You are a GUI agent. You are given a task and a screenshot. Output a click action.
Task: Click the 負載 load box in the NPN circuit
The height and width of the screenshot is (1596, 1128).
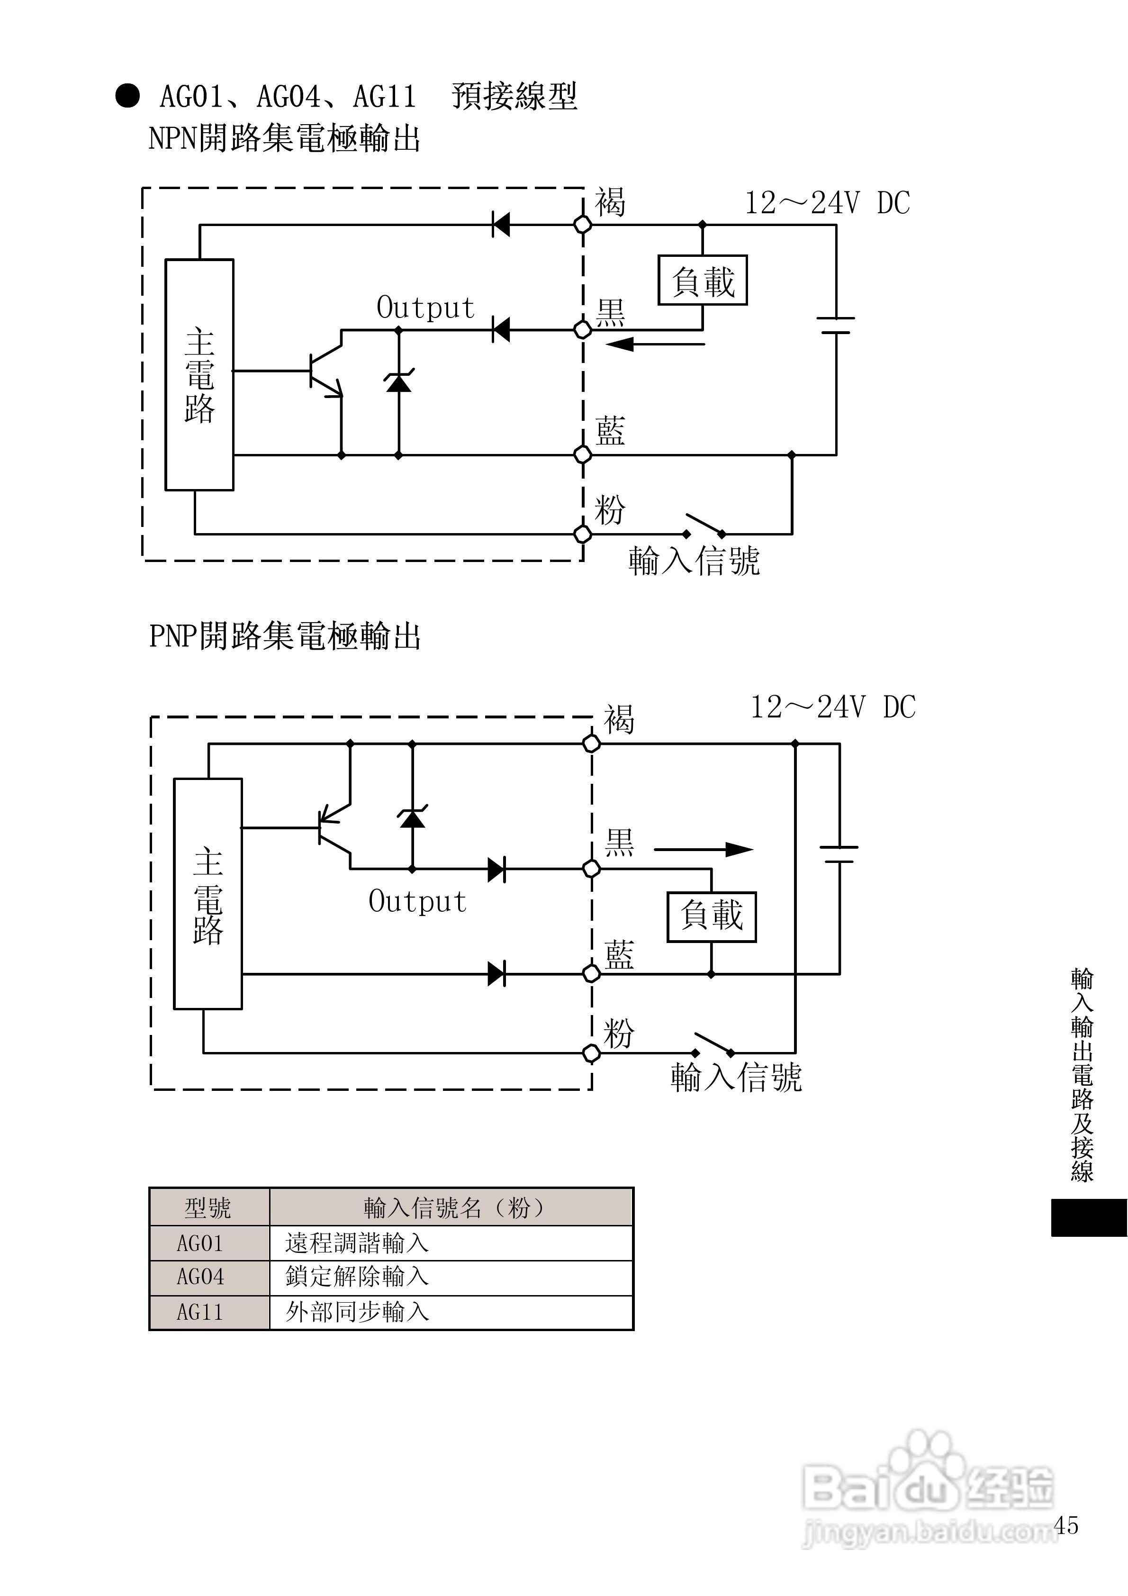click(703, 280)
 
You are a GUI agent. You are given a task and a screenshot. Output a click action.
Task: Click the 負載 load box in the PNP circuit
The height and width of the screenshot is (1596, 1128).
click(711, 916)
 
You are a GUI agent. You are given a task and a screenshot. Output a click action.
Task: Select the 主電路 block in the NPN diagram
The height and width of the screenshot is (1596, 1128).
click(199, 375)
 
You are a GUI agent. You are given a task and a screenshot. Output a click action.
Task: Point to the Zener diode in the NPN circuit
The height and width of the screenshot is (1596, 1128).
click(398, 381)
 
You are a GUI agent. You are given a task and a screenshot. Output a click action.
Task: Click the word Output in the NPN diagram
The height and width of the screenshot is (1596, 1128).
click(425, 308)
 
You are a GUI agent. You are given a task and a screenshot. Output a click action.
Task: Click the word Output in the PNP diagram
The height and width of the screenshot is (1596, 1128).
click(417, 902)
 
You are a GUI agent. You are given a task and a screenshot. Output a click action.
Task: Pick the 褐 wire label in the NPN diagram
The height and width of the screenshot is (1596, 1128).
click(610, 202)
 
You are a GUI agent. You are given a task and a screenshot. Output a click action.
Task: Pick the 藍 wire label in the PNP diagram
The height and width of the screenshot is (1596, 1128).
click(619, 956)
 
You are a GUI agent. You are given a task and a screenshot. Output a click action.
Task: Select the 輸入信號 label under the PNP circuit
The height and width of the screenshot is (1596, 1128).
click(735, 1077)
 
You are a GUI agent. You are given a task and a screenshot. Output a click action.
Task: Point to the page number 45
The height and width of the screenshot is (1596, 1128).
click(1065, 1525)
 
